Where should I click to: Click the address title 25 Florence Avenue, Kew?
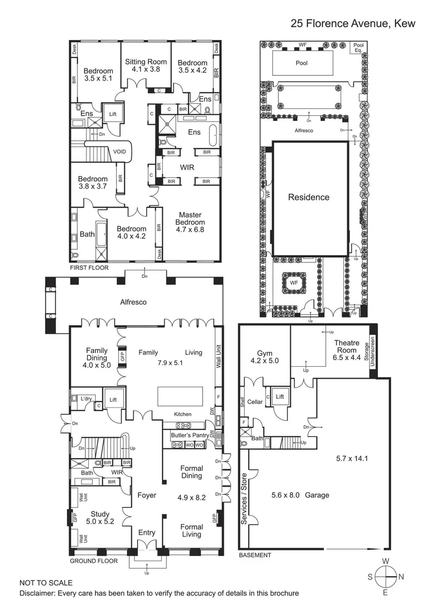[x=353, y=23]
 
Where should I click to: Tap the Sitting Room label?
[x=146, y=65]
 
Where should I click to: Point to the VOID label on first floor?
[x=120, y=152]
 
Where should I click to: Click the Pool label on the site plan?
[x=301, y=63]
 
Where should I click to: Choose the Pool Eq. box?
[x=358, y=48]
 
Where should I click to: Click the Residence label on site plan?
[x=308, y=197]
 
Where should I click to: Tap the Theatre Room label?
[x=347, y=347]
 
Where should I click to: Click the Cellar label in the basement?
[x=255, y=402]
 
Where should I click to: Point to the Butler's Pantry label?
[x=190, y=435]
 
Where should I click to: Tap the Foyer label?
[x=146, y=496]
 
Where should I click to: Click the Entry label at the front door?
[x=146, y=533]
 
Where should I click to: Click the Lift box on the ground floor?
[x=113, y=400]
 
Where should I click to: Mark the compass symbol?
[x=385, y=577]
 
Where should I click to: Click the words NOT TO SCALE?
[x=46, y=583]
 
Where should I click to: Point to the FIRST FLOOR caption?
[x=89, y=268]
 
